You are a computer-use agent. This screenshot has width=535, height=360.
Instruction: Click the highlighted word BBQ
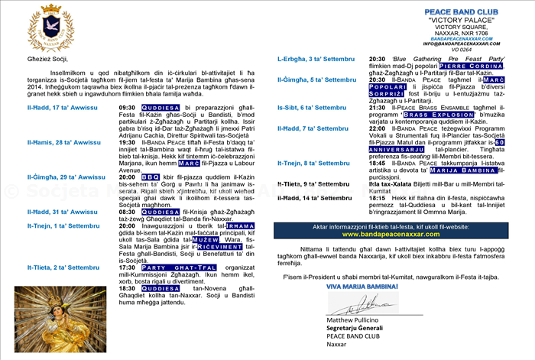(x=151, y=177)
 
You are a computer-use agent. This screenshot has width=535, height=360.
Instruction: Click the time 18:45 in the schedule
(x=377, y=163)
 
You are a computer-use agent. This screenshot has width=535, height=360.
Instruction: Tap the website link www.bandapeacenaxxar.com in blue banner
(x=397, y=235)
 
